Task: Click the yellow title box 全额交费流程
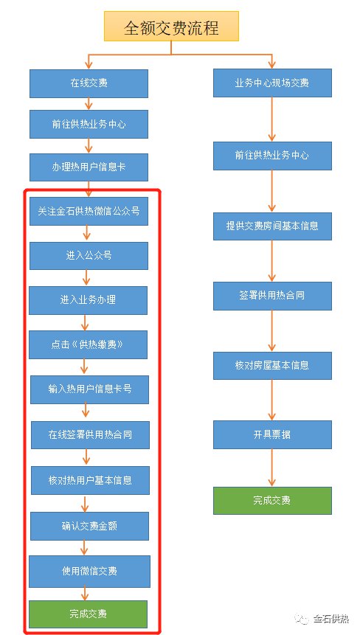[x=171, y=27]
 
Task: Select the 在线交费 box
[x=89, y=83]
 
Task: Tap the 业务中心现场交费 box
[x=272, y=83]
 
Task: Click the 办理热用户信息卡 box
[x=89, y=167]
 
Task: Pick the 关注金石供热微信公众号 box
[x=89, y=211]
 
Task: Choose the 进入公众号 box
[x=89, y=255]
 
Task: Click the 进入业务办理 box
[x=88, y=300]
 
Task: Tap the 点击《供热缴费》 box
[x=88, y=344]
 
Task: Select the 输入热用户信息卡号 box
[x=89, y=389]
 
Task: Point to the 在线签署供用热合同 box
[x=90, y=435]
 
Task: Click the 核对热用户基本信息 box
[x=90, y=480]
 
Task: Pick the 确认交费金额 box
[x=89, y=526]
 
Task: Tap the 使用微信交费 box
[x=89, y=572]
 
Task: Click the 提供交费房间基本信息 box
[x=272, y=226]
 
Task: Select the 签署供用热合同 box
[x=272, y=296]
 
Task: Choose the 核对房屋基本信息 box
[x=272, y=366]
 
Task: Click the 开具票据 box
[x=272, y=435]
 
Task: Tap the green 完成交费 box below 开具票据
[x=272, y=501]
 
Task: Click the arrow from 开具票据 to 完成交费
[x=272, y=468]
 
